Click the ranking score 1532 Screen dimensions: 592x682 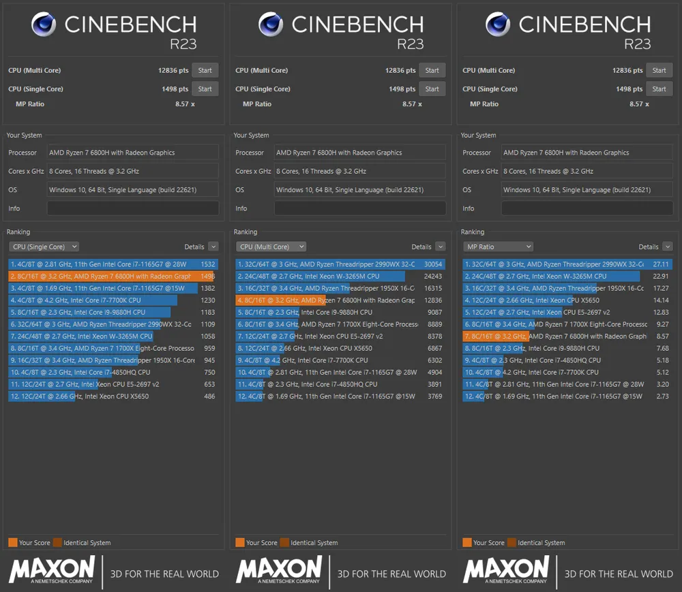coord(207,264)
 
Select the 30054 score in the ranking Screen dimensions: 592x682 coord(433,264)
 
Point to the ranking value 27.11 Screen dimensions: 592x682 coord(661,264)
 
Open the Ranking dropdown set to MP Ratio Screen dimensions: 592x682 coord(498,247)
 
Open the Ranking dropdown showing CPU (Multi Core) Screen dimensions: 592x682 coord(271,247)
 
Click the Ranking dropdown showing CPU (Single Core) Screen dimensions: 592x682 coord(44,247)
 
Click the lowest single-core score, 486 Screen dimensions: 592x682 coord(209,396)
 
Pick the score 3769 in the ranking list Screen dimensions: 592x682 coord(434,396)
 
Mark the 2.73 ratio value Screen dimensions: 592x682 coord(662,396)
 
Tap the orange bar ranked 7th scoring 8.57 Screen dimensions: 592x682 coord(494,337)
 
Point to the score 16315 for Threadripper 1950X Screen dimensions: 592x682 coord(433,288)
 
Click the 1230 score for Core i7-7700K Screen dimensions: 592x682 coord(207,300)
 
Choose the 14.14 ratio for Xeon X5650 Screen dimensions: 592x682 coord(661,300)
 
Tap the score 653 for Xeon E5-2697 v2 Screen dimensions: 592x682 coord(209,384)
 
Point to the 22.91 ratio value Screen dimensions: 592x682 coord(661,277)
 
